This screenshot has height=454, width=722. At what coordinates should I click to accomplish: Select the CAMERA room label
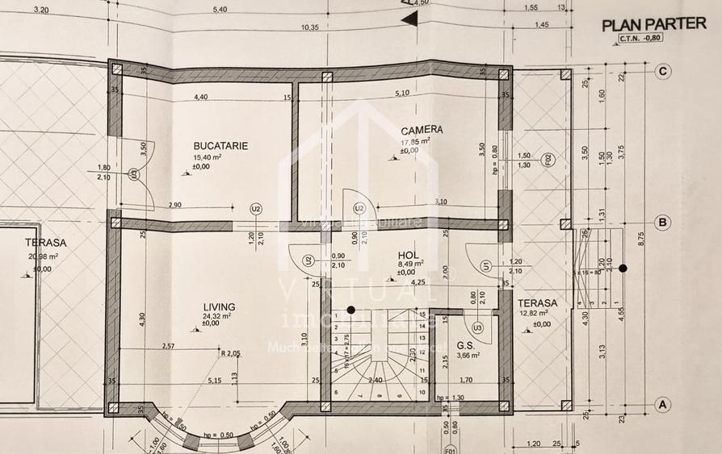422,130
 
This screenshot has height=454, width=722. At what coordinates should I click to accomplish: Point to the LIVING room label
219,307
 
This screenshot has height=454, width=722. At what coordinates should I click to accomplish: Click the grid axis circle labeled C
662,72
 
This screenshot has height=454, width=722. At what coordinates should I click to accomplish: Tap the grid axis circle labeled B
662,223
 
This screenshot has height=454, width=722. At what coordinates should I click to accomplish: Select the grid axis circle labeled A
662,404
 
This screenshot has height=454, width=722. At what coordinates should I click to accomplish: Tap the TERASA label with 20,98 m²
45,242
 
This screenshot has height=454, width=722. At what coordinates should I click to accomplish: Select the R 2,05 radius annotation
230,353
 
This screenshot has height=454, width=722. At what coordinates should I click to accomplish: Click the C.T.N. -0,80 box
640,38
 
